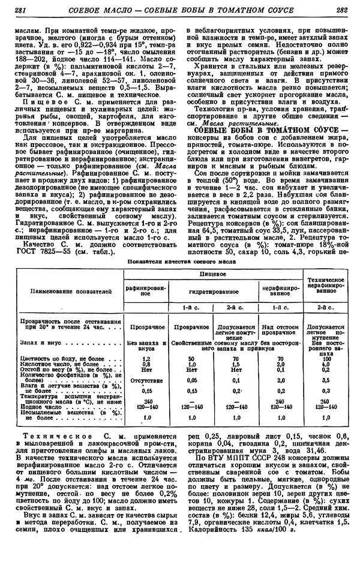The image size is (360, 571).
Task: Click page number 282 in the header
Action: [343, 10]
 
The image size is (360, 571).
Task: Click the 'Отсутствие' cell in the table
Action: [137, 380]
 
